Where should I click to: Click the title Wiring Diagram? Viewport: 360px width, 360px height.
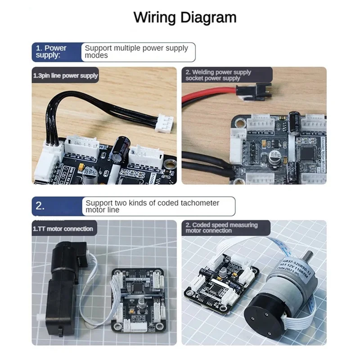click(185, 18)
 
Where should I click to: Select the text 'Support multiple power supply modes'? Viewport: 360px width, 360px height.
click(136, 52)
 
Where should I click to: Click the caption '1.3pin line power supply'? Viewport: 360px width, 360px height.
click(66, 76)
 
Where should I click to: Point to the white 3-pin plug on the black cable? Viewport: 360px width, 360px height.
click(164, 122)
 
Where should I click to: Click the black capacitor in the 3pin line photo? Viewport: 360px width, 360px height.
click(121, 151)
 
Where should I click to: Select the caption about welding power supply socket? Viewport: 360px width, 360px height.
click(218, 75)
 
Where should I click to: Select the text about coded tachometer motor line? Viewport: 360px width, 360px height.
click(153, 206)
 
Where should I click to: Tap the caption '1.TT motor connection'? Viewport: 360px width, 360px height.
click(63, 229)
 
